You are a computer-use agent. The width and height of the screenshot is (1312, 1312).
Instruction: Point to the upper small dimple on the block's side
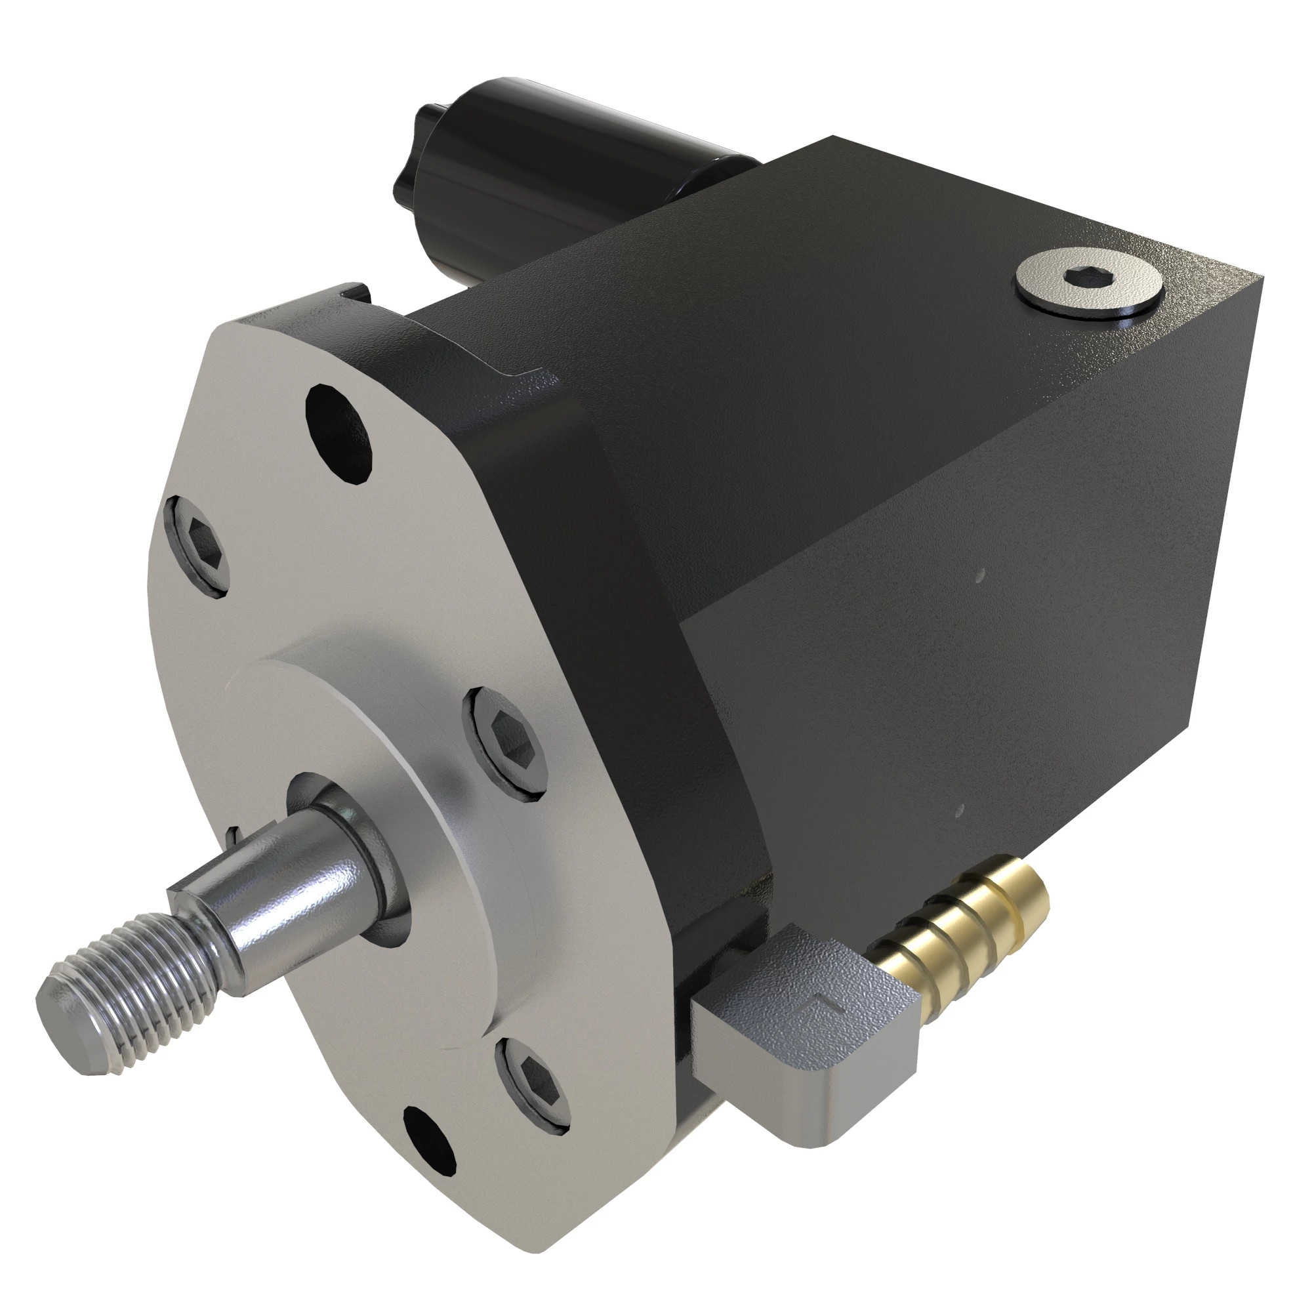pos(979,577)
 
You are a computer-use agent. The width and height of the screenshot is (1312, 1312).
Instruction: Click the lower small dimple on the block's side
pos(960,810)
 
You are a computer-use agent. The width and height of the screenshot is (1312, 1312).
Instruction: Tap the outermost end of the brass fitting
pos(1036,896)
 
